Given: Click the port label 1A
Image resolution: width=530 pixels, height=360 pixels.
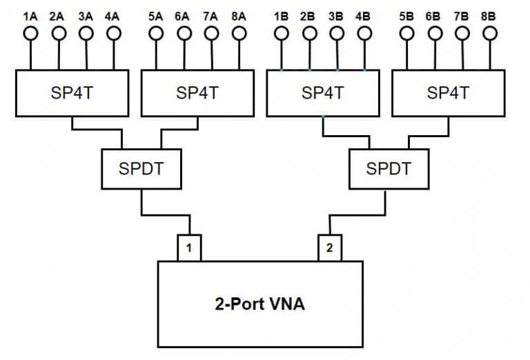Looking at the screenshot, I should [x=31, y=15].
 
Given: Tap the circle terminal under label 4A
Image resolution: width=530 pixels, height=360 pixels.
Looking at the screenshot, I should [x=113, y=32].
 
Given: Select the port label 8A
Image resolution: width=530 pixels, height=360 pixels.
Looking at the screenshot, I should [x=239, y=15].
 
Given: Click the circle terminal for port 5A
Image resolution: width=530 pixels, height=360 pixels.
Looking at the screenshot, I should [x=157, y=32].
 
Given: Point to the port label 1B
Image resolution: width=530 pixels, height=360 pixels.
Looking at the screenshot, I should [x=282, y=15].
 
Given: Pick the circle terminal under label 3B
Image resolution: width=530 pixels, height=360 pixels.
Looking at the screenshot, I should [x=337, y=32].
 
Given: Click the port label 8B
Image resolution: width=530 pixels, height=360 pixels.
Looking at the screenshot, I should [x=489, y=15].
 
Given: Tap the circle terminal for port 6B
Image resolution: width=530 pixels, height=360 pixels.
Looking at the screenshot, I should [x=435, y=32].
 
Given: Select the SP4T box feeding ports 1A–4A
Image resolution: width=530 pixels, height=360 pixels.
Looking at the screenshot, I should [x=72, y=92].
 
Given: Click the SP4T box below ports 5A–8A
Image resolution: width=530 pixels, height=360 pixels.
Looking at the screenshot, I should [x=197, y=92].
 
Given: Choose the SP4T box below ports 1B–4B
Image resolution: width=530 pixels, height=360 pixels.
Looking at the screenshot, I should [x=322, y=92].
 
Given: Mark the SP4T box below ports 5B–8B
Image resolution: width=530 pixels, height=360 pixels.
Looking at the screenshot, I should [x=448, y=92].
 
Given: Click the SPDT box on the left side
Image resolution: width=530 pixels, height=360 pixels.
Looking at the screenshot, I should [x=141, y=168].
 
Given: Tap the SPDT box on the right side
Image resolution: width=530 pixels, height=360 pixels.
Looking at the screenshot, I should [x=390, y=168].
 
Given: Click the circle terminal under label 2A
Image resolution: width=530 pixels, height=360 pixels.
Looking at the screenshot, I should [x=59, y=32].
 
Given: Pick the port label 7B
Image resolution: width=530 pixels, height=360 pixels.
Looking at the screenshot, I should [x=462, y=15].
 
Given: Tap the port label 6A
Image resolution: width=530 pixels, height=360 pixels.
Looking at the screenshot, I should [x=184, y=15].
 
